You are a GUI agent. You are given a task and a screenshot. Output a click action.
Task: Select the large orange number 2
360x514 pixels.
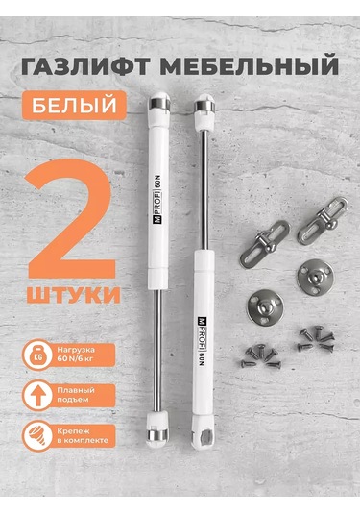point(74,215)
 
